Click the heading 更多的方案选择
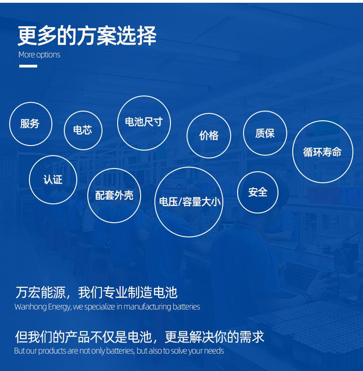click(87, 35)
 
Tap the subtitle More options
click(40, 55)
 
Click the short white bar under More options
click(28, 66)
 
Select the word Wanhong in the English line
click(30, 307)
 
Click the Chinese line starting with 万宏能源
click(96, 292)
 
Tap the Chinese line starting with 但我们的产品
click(140, 337)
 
